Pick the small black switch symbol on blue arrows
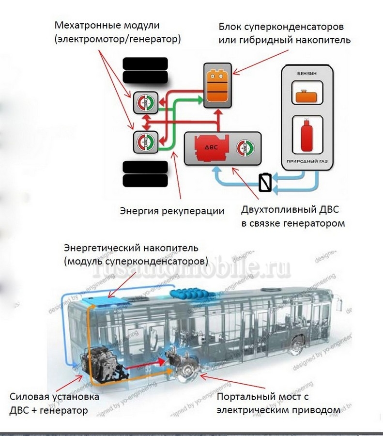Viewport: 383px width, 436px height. (266, 183)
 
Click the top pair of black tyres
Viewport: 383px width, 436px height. (145, 71)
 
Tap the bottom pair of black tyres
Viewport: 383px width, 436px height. (145, 174)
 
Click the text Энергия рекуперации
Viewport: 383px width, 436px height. (172, 211)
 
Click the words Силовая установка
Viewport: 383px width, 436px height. (54, 397)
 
